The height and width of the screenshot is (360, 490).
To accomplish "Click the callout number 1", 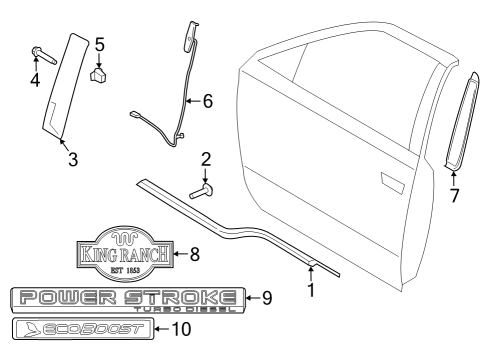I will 310,291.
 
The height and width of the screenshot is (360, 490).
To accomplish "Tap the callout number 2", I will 206,158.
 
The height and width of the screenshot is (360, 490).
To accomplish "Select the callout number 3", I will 72,158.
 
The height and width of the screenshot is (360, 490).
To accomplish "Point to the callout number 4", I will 34,79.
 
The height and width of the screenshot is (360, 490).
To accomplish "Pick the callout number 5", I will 99,44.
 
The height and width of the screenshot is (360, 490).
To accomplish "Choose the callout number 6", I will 207,100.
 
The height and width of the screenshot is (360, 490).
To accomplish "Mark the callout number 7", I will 454,196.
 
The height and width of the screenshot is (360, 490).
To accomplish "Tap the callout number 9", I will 266,297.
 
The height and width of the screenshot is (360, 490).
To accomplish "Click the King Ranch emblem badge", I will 125,255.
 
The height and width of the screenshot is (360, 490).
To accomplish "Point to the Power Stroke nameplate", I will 125,297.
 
